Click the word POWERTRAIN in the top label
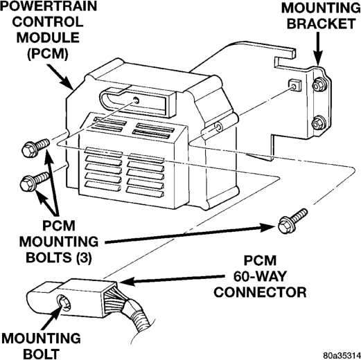[x=49, y=6]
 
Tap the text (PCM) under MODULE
[x=48, y=54]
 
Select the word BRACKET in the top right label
[x=322, y=24]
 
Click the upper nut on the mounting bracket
[x=319, y=85]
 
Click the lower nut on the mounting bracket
[x=319, y=123]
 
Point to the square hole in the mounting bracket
[x=295, y=85]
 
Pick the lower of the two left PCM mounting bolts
[x=35, y=181]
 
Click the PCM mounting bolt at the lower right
[x=292, y=221]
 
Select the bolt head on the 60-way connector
[x=64, y=303]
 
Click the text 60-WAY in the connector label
[x=260, y=276]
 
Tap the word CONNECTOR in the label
[x=260, y=292]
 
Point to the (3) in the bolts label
[x=84, y=258]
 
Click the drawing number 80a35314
[x=342, y=355]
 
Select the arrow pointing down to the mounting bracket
[x=318, y=49]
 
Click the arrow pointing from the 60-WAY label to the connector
[x=172, y=280]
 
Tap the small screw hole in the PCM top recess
[x=137, y=100]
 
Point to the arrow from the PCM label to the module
[x=60, y=77]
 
